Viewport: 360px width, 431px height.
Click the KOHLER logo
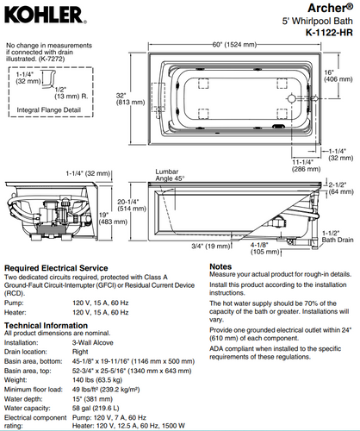45,16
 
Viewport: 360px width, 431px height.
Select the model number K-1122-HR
329,32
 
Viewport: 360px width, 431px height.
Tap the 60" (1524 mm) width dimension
234,45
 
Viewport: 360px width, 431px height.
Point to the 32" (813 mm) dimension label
130,99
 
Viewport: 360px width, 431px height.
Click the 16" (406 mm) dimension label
338,76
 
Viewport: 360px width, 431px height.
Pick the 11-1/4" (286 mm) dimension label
306,166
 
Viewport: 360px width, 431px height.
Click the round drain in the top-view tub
291,98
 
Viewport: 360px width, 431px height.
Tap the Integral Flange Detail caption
48,110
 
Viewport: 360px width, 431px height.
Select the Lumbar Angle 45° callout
170,175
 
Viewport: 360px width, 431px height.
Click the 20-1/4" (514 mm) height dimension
132,205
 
